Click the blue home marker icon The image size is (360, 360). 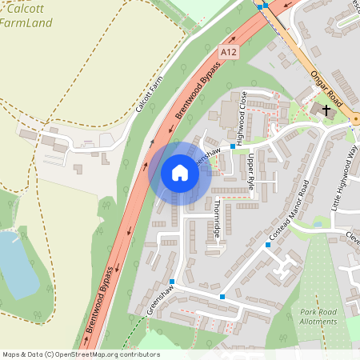click(x=180, y=172)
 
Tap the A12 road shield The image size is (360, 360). click(x=229, y=52)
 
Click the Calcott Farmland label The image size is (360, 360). click(x=26, y=15)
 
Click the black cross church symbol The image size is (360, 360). click(x=326, y=108)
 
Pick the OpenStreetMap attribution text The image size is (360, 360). click(x=81, y=354)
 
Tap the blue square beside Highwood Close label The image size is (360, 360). click(x=233, y=146)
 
